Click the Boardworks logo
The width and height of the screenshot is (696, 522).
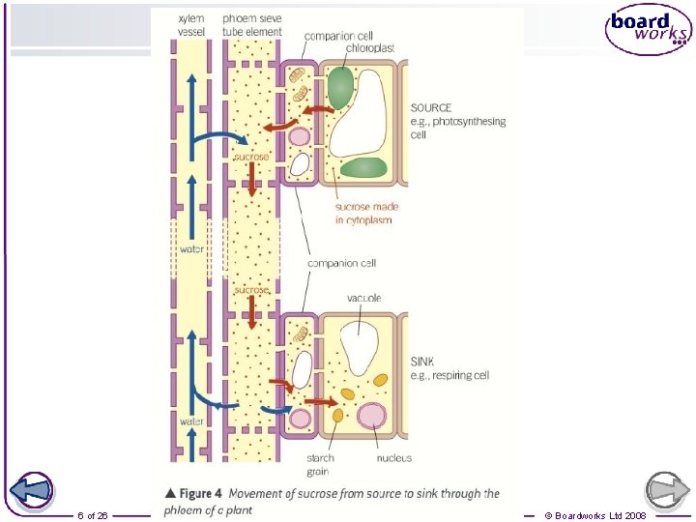[649, 30]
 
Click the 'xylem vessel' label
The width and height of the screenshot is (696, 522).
[191, 25]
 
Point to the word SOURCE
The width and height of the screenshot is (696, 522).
[431, 108]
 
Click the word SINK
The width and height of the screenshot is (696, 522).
[423, 362]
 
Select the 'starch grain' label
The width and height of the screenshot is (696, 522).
[320, 465]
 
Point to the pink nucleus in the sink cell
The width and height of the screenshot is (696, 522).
[371, 417]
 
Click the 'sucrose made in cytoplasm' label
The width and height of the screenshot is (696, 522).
[366, 214]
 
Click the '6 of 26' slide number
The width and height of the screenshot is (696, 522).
[93, 515]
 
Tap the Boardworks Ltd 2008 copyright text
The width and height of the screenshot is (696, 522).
[595, 515]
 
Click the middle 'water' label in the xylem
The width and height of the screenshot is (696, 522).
[191, 249]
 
